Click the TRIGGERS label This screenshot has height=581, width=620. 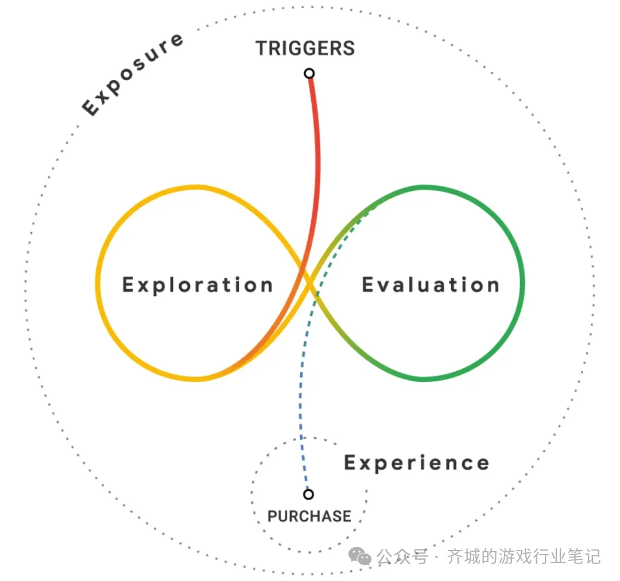coord(305,48)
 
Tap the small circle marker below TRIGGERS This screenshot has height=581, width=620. coord(309,73)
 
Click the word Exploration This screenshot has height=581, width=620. coord(197,285)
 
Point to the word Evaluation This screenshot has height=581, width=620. coord(431,285)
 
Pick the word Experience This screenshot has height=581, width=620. coord(416,463)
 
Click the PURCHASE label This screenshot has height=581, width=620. coord(309,516)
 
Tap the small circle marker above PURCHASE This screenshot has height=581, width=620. coord(309,494)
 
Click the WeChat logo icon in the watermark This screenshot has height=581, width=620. coord(362,556)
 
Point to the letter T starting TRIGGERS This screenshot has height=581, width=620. coord(262,48)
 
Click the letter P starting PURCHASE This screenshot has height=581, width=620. coord(273,516)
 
